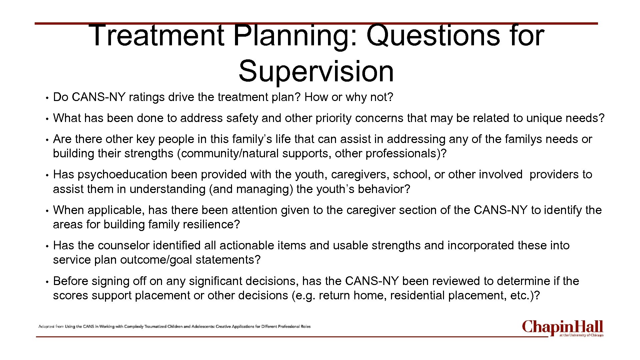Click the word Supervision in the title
click(316, 71)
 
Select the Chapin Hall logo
click(563, 328)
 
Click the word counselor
click(123, 246)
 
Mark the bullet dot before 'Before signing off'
click(48, 282)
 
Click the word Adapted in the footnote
click(46, 327)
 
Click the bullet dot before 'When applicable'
click(48, 211)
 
